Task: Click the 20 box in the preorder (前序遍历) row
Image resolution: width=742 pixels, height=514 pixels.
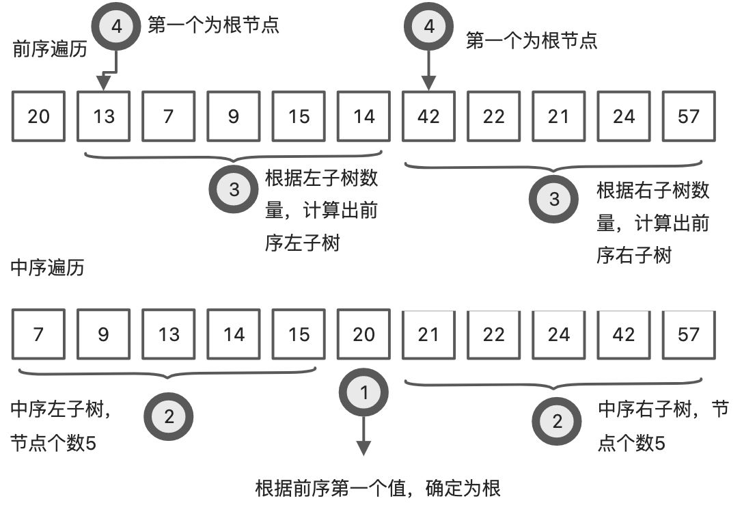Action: tap(39, 116)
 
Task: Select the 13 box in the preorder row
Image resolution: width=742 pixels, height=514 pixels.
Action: tap(104, 116)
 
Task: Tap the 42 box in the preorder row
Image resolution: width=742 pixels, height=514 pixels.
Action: tap(428, 116)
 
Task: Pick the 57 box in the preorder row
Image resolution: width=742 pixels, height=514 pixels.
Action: tap(689, 116)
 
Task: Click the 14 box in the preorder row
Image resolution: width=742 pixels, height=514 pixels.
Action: tap(363, 116)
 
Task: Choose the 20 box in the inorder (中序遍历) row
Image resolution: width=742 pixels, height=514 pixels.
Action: tap(363, 334)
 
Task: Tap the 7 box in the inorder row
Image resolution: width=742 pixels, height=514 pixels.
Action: tap(39, 334)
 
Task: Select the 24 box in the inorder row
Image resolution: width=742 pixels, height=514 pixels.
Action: tap(558, 334)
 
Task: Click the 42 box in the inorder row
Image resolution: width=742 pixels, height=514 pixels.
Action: tap(623, 334)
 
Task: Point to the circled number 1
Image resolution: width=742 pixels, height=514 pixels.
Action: tap(363, 392)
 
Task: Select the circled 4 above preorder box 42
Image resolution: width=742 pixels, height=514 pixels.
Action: tap(428, 27)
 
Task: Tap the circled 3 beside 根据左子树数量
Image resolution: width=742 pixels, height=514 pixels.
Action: tap(234, 189)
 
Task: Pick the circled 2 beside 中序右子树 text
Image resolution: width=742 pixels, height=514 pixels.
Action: tap(557, 420)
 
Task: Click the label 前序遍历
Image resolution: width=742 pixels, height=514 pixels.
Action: tap(49, 49)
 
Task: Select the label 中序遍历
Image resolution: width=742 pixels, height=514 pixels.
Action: tap(48, 267)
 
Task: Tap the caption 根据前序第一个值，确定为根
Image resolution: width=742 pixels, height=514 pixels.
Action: tap(378, 488)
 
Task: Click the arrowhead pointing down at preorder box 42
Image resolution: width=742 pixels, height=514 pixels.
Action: tap(428, 83)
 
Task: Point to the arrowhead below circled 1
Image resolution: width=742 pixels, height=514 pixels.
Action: tap(363, 448)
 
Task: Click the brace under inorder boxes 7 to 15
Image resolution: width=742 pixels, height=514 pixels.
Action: tap(168, 374)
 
